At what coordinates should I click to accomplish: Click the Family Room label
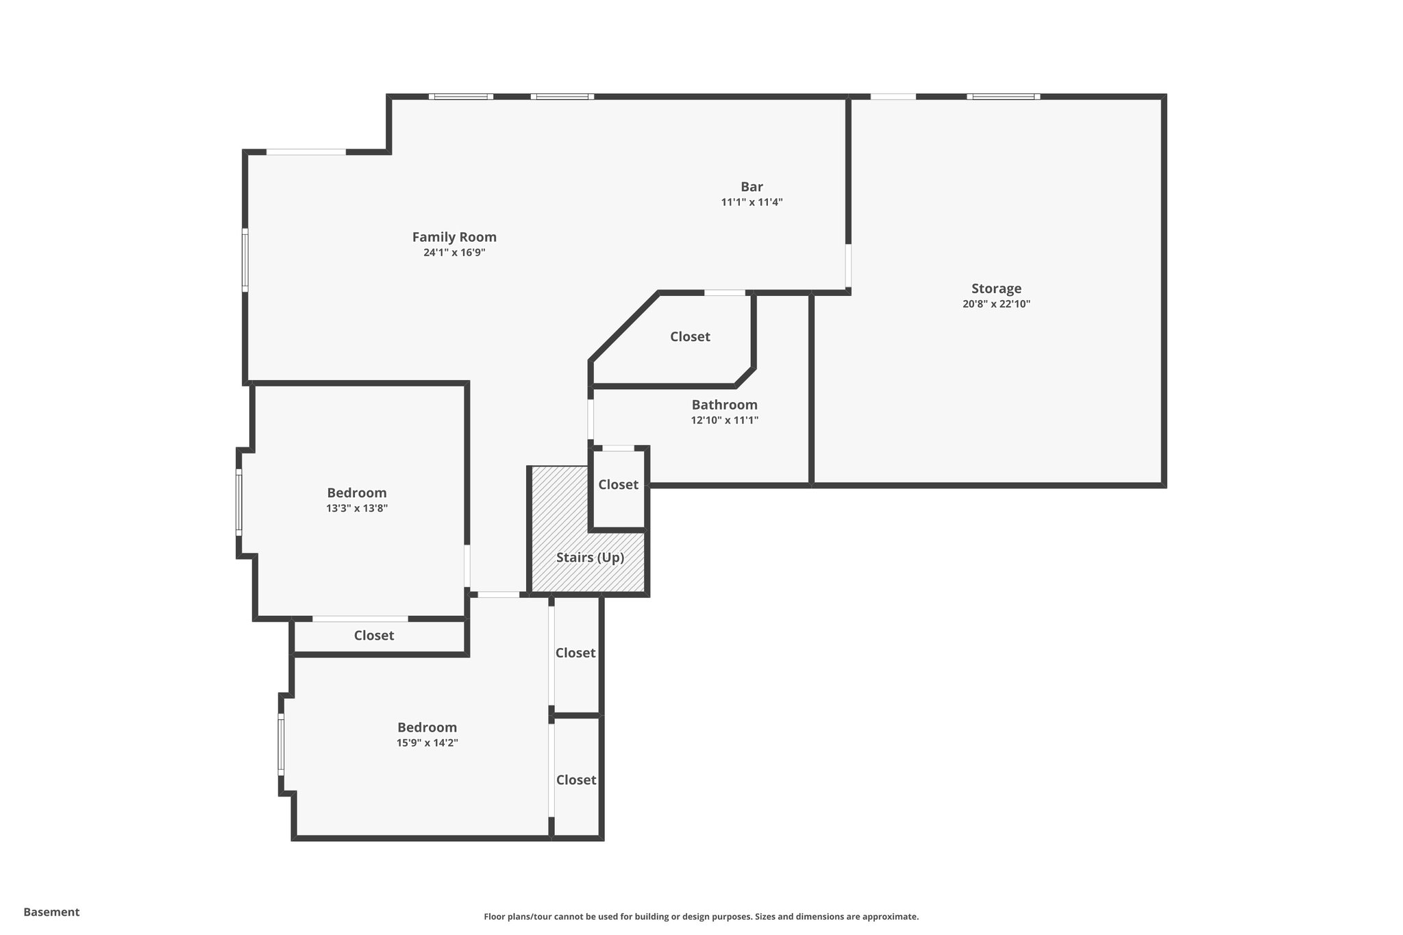[454, 237]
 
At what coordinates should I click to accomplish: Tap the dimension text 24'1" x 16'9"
[454, 253]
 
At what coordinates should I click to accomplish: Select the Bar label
[752, 187]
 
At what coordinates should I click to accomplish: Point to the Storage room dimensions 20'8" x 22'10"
[995, 304]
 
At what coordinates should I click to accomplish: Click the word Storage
[995, 288]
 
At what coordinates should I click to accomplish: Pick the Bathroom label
[724, 405]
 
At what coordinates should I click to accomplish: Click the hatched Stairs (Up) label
[590, 558]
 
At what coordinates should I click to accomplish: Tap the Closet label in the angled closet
[690, 337]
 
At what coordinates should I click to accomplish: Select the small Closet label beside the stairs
[618, 485]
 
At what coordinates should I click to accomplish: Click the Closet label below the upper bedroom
[373, 636]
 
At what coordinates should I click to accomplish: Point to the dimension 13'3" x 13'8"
[356, 508]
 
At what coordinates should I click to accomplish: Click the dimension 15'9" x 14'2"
[427, 743]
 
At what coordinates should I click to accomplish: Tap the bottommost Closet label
[575, 780]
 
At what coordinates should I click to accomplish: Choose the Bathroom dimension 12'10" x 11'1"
[724, 421]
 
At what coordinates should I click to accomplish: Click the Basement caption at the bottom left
[51, 912]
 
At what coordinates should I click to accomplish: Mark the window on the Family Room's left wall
[245, 260]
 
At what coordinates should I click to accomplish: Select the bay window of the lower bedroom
[280, 745]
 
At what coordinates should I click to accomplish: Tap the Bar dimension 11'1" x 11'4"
[752, 203]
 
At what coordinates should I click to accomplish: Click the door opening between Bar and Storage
[847, 266]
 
